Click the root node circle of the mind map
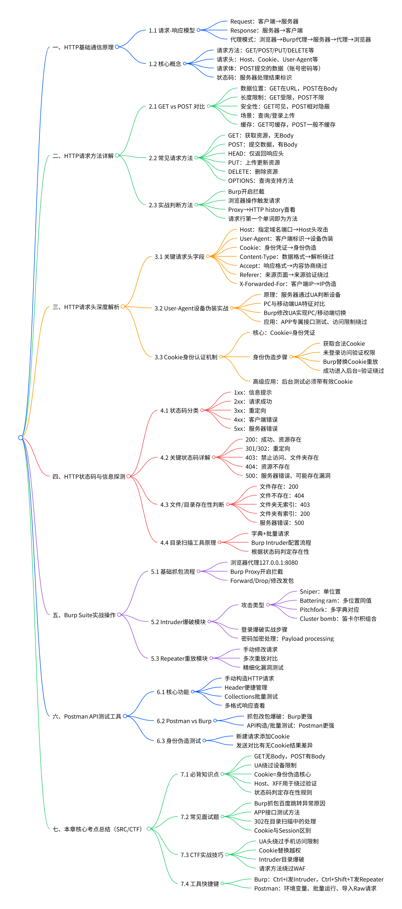click(x=20, y=437)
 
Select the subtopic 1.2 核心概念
click(x=165, y=64)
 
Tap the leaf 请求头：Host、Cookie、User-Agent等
click(x=267, y=60)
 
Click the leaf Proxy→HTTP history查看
click(x=261, y=210)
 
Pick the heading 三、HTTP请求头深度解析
click(x=86, y=307)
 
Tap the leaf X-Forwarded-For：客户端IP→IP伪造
click(x=288, y=284)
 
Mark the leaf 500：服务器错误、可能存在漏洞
click(x=288, y=476)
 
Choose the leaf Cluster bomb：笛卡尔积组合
click(x=338, y=619)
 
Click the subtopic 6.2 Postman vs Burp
click(x=184, y=721)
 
